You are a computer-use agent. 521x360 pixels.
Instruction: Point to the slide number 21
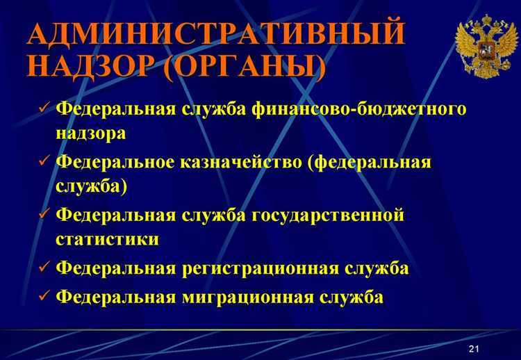coord(474,347)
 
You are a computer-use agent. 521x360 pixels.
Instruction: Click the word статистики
coord(106,239)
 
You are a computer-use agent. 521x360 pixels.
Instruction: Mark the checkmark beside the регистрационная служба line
coord(43,268)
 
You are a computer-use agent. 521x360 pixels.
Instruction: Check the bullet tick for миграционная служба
coord(43,296)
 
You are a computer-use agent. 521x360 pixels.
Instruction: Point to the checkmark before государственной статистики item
coord(43,215)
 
